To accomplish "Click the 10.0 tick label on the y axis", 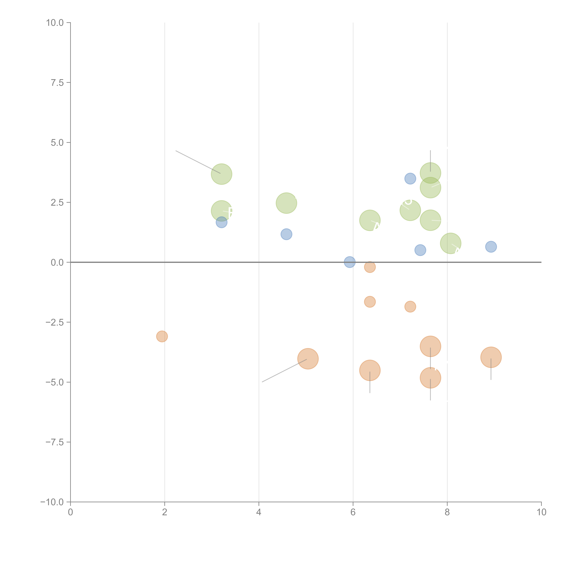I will (55, 23).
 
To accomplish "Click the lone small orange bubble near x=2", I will (162, 336).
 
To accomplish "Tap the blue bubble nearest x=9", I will (491, 247).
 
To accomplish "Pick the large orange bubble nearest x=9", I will (491, 357).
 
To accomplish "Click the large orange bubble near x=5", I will (308, 359).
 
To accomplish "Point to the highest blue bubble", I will (410, 179).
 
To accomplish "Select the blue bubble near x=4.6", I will (286, 234).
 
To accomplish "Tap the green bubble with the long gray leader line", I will (222, 174).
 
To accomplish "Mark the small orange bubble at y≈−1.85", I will (410, 306).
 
